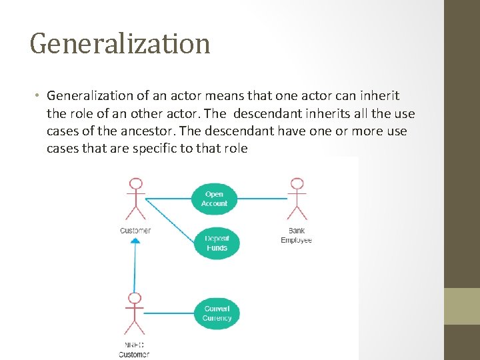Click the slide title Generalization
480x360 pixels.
tap(120, 44)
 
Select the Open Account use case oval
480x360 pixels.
tap(214, 199)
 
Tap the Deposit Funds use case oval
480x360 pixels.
tap(216, 243)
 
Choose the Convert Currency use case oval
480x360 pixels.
tap(217, 313)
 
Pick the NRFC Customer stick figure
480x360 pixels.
tap(135, 313)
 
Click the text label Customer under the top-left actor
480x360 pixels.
tap(135, 231)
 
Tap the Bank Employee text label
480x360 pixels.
tap(296, 235)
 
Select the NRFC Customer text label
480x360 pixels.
tap(135, 350)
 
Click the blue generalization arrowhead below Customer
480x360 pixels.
tap(135, 241)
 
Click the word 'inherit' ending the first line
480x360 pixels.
tap(381, 97)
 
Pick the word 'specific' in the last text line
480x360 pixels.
tap(157, 149)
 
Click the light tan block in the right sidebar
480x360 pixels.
tap(462, 306)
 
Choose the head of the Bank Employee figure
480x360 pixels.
tap(297, 183)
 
